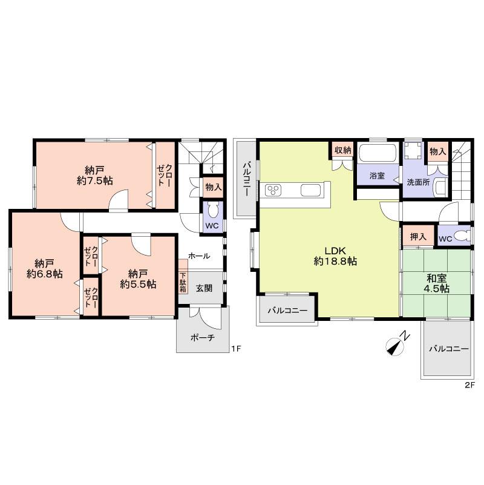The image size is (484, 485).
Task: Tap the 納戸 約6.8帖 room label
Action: pos(45,268)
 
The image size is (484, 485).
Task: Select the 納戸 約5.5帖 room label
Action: pos(138,278)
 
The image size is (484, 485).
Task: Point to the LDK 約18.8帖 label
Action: pos(335,256)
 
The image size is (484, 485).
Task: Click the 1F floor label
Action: pos(237,349)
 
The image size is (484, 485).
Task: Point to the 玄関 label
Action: pos(204,288)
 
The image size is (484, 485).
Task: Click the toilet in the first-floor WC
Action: pos(213,211)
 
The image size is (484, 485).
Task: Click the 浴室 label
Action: pos(377,176)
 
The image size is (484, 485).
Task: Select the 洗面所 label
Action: pos(418,182)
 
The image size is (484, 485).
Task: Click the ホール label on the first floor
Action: pos(199,256)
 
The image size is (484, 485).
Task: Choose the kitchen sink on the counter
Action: pos(312,192)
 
